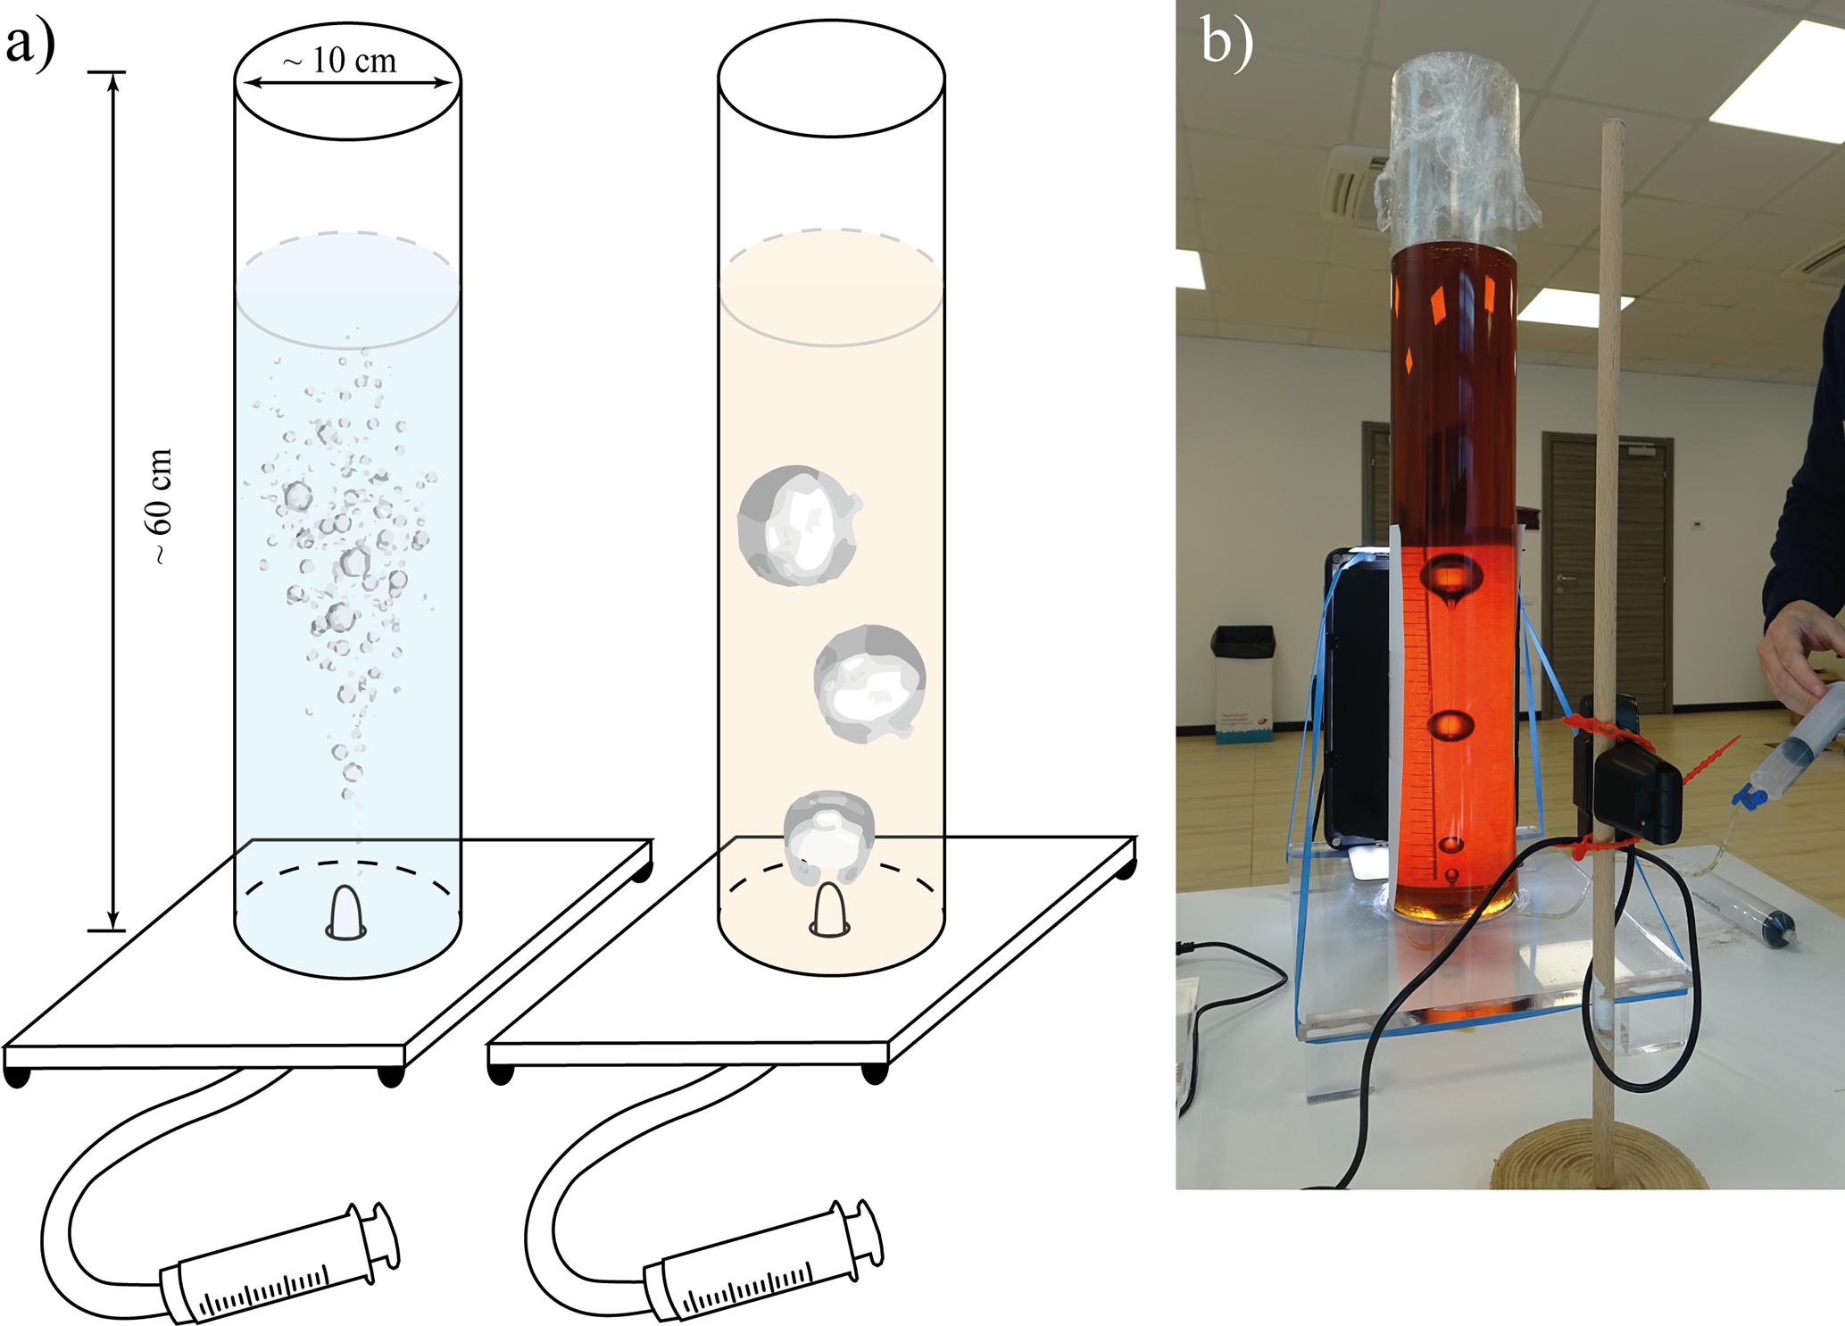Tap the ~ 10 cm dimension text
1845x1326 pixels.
339,61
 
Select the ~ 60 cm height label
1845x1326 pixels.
160,505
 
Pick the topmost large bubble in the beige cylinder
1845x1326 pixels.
797,525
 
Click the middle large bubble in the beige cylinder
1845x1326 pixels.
868,683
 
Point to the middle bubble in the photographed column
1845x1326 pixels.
1450,725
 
